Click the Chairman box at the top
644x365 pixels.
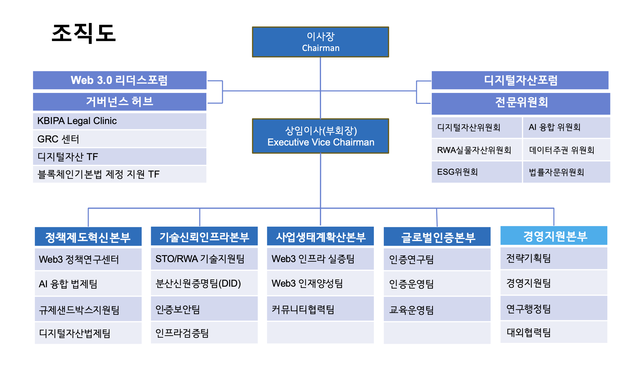320,42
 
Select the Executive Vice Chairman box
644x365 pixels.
320,136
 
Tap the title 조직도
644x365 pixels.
84,33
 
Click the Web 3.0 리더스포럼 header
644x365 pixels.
120,80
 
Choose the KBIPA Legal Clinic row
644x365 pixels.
120,121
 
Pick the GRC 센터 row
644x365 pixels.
120,139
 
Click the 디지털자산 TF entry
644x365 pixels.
120,157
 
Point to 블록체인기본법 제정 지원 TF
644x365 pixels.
120,174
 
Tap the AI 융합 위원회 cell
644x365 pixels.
566,127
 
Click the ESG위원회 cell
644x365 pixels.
476,172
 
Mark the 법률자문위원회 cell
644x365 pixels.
566,172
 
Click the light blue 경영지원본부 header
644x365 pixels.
554,236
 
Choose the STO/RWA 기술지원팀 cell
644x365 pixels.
204,259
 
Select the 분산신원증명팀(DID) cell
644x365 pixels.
204,283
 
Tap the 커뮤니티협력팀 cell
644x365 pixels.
320,309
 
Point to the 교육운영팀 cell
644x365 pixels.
437,310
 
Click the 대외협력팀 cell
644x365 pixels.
554,332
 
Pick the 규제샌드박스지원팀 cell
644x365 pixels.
88,310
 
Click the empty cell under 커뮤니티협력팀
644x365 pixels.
320,333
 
